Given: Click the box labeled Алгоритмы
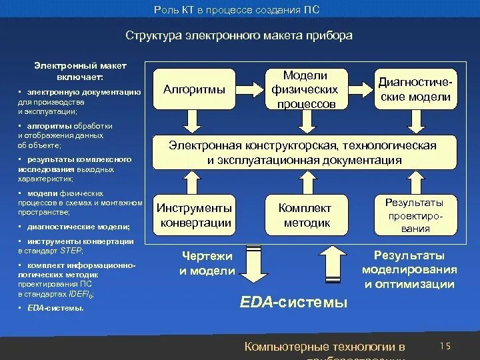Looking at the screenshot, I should [x=194, y=89].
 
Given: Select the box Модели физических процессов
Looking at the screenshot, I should [x=305, y=89].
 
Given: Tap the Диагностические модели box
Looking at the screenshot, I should [x=415, y=89].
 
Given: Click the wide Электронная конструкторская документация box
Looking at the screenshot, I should [x=305, y=153].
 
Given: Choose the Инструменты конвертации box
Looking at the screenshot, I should [x=194, y=215].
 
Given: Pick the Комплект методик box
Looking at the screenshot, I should [x=305, y=215].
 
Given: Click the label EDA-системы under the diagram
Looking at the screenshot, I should [x=293, y=303].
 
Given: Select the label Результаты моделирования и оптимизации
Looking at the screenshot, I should [x=409, y=270].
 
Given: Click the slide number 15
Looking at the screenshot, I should [x=446, y=345].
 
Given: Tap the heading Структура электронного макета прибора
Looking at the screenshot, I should [x=239, y=35].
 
